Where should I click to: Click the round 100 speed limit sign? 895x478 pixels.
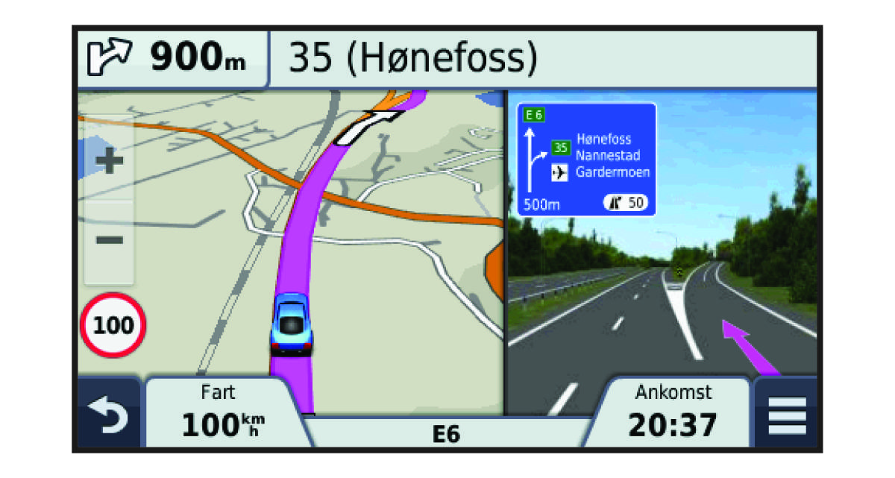coord(113,326)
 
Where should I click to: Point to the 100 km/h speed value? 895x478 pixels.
coord(223,424)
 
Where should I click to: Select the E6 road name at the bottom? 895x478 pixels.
coord(445,434)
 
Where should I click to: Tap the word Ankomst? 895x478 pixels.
coord(673,391)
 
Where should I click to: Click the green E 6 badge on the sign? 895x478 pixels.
coord(534,115)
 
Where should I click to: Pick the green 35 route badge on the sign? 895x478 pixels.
coord(560,148)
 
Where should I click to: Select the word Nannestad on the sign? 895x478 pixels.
coord(608,156)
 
